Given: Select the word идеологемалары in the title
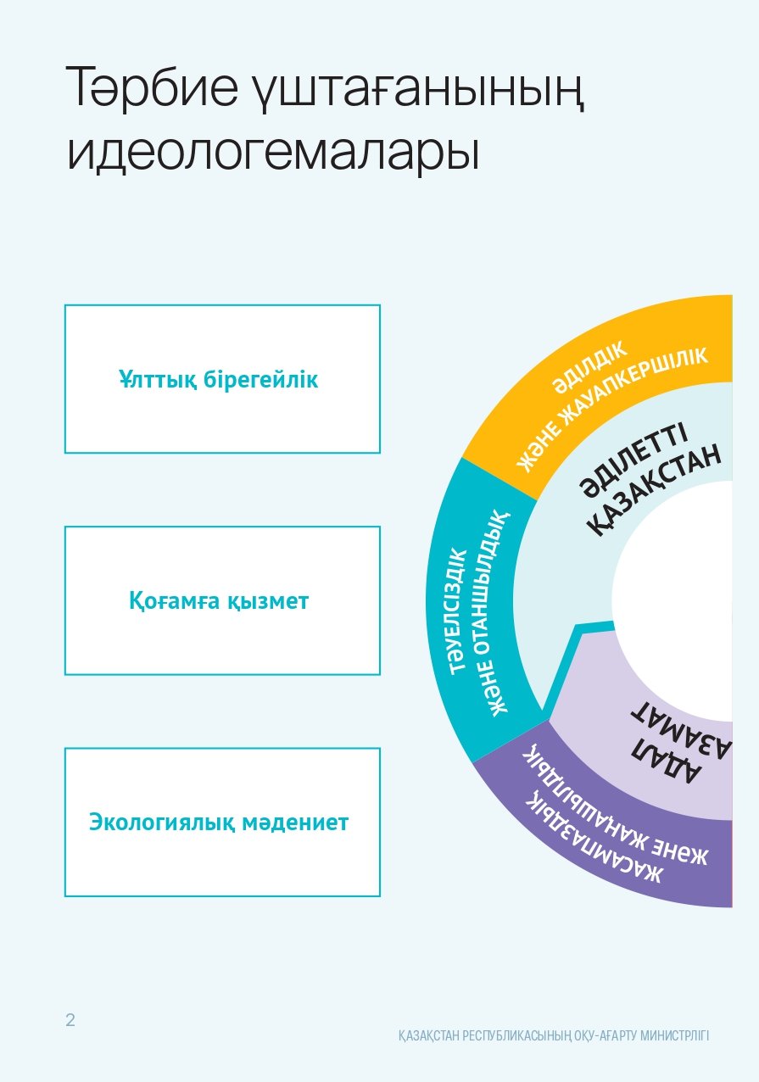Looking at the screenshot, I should [x=273, y=153].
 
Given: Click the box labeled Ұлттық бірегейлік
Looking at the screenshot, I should [x=222, y=379].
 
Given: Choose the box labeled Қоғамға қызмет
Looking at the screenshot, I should [x=222, y=600].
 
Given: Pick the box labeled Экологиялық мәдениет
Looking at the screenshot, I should [x=222, y=822].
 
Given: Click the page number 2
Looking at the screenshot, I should [x=70, y=1020].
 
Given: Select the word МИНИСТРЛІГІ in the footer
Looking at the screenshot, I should [x=667, y=1035].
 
